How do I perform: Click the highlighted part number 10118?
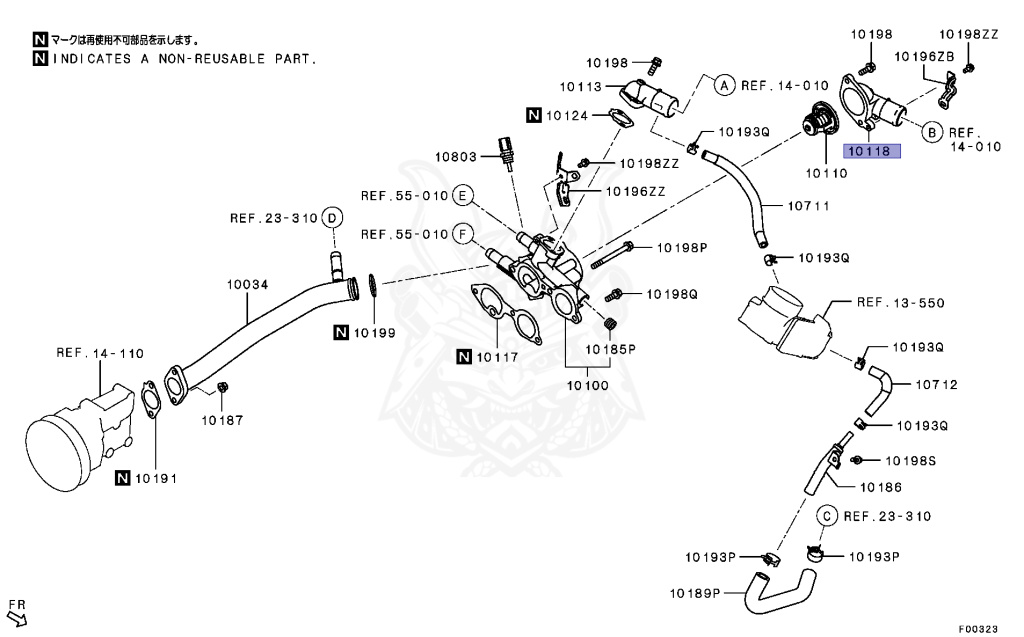click(x=872, y=153)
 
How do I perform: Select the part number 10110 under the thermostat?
click(x=828, y=173)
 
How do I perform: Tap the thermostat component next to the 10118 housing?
click(x=815, y=125)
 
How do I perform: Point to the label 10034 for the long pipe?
click(x=246, y=284)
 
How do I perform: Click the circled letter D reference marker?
click(x=333, y=218)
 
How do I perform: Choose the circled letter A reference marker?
click(x=724, y=86)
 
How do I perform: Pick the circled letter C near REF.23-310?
click(x=827, y=516)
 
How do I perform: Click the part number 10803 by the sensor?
click(x=457, y=156)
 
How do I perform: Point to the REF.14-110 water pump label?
click(x=100, y=353)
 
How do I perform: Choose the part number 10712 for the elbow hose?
click(x=937, y=384)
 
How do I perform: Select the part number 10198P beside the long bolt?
click(x=682, y=247)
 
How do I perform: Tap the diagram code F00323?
click(x=978, y=629)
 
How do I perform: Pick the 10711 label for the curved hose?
click(x=810, y=207)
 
